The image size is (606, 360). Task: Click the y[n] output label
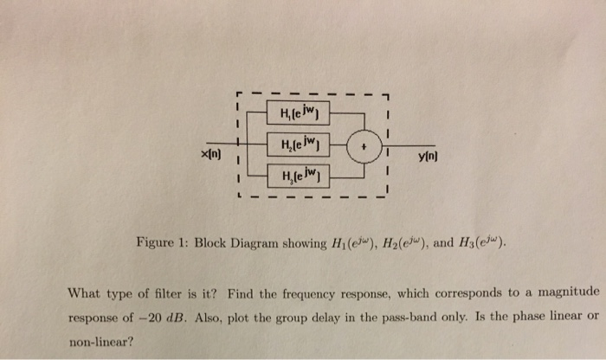pyautogui.click(x=429, y=156)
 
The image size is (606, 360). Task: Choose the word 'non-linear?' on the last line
pyautogui.click(x=102, y=341)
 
